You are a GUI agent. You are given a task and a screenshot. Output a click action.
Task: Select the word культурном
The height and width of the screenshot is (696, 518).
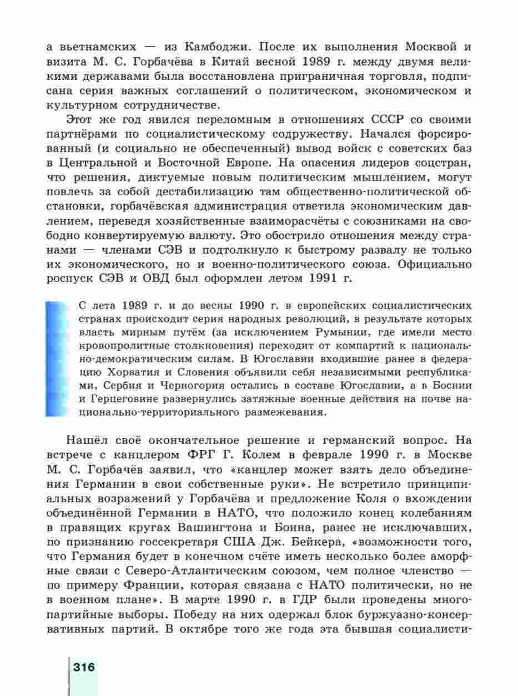pyautogui.click(x=83, y=104)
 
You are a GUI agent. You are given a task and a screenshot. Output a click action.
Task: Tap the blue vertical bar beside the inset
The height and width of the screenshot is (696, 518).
pyautogui.click(x=56, y=359)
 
